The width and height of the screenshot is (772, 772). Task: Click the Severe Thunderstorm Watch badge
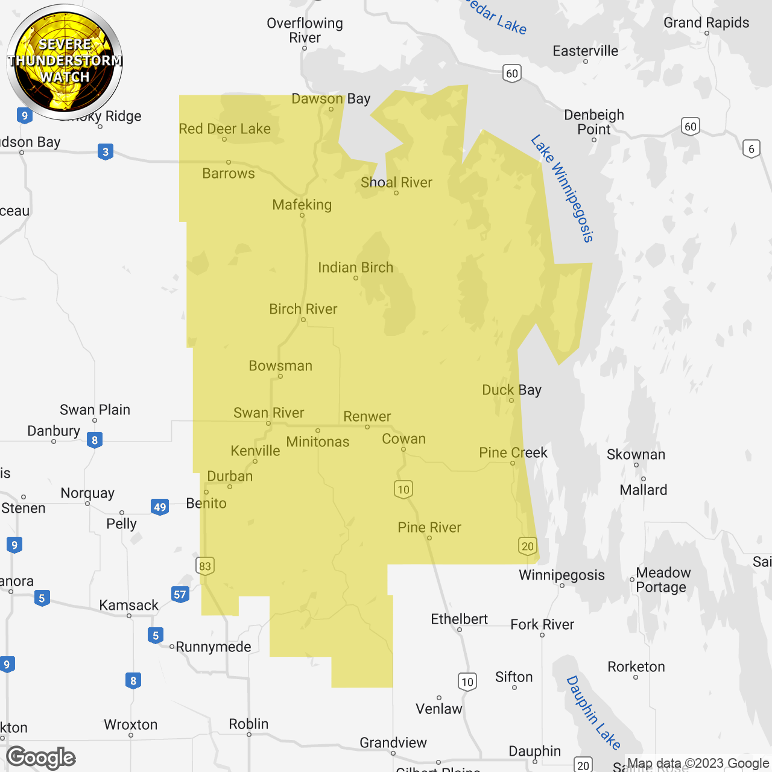[65, 61]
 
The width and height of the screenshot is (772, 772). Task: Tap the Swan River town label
[269, 413]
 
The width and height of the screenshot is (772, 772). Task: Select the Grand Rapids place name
[706, 23]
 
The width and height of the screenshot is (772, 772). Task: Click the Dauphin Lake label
[593, 712]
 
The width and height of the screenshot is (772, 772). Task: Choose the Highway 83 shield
[205, 566]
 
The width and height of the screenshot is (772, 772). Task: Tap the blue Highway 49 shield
[160, 507]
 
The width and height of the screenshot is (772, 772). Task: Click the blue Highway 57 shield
[180, 595]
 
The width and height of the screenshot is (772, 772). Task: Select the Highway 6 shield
[751, 149]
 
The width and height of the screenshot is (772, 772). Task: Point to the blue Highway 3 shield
[106, 151]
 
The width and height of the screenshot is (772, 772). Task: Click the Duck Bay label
[511, 390]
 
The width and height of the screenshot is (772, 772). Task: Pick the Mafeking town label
[302, 205]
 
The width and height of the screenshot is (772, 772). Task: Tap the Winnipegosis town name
[562, 575]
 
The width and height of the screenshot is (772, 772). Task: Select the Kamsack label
[128, 605]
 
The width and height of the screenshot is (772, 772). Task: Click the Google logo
[41, 758]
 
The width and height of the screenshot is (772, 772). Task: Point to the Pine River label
[429, 528]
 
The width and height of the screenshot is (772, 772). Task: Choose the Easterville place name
[586, 51]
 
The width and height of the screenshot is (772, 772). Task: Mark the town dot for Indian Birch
[356, 278]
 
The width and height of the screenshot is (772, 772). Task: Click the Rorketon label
[636, 667]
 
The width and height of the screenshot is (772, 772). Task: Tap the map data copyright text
[698, 764]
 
